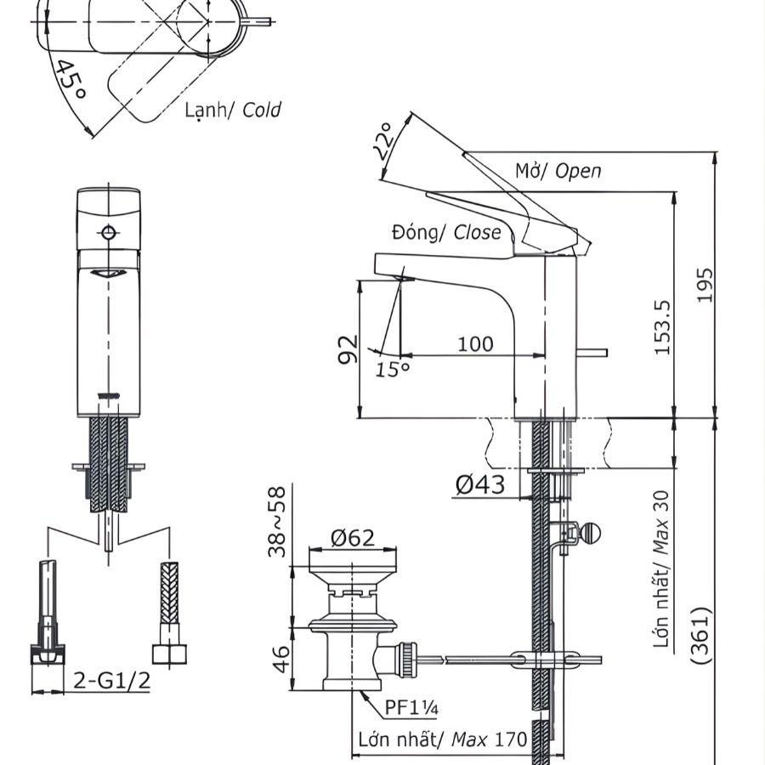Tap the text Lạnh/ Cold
232,110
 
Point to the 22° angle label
383,142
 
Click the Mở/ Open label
558,170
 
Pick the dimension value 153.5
664,326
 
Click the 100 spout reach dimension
475,343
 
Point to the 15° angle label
393,369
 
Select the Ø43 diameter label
480,485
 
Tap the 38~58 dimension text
278,521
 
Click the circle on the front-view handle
107,233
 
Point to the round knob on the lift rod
590,533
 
